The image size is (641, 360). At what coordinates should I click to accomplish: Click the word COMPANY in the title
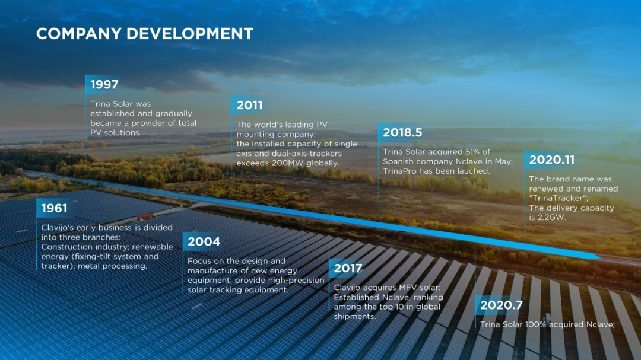click(x=79, y=33)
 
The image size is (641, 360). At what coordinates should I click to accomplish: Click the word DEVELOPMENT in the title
click(x=190, y=33)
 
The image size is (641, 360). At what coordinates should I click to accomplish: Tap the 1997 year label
click(x=104, y=85)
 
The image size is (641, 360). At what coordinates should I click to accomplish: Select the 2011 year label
click(x=249, y=106)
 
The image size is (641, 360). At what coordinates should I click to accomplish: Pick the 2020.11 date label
click(x=552, y=160)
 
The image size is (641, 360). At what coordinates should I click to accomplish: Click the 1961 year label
click(x=54, y=208)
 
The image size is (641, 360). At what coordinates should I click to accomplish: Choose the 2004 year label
click(x=204, y=242)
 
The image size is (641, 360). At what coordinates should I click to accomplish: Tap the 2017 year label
click(x=348, y=269)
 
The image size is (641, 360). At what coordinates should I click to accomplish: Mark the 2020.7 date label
click(x=501, y=305)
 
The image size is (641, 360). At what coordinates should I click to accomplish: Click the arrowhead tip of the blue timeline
click(x=599, y=257)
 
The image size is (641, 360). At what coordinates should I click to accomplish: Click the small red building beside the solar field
click(x=145, y=216)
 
